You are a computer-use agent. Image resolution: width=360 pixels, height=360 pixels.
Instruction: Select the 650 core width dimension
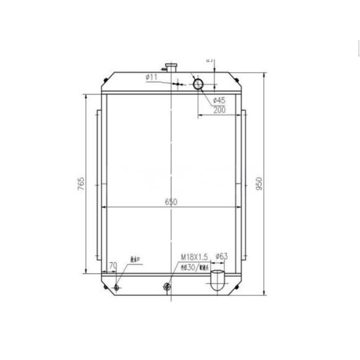pos(171,202)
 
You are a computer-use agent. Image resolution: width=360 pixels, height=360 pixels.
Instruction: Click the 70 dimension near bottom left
pos(113,266)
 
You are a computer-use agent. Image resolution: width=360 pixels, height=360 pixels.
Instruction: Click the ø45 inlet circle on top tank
pos(199,84)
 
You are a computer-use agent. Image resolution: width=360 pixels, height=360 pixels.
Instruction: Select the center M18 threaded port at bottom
pos(166,286)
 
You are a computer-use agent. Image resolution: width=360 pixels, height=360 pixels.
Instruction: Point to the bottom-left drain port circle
pos(117,287)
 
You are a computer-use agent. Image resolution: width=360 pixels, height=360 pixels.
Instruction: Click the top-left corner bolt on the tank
pos(105,80)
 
